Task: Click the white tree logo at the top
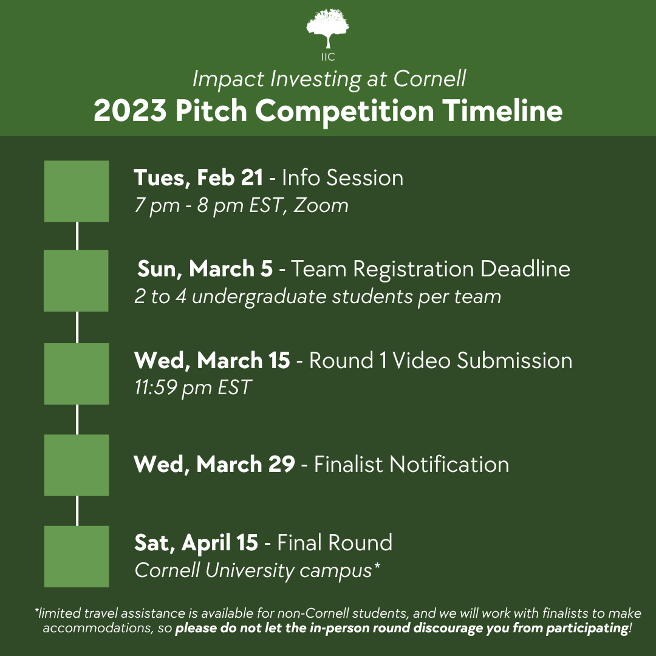(x=328, y=27)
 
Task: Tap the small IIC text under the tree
(x=328, y=58)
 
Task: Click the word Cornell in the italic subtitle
(x=429, y=79)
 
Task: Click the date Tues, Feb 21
(x=198, y=178)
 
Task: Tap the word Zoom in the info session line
(x=321, y=205)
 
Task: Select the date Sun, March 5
(x=205, y=268)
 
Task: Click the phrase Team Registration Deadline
(x=431, y=268)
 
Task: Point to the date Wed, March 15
(x=212, y=360)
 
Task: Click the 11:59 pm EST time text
(x=193, y=388)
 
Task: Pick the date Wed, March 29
(x=214, y=465)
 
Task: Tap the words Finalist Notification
(x=411, y=465)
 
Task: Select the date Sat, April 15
(x=196, y=542)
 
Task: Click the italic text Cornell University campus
(x=254, y=570)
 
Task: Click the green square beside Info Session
(x=77, y=191)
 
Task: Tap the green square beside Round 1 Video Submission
(x=77, y=374)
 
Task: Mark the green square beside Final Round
(x=77, y=556)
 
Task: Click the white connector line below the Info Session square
(x=77, y=236)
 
